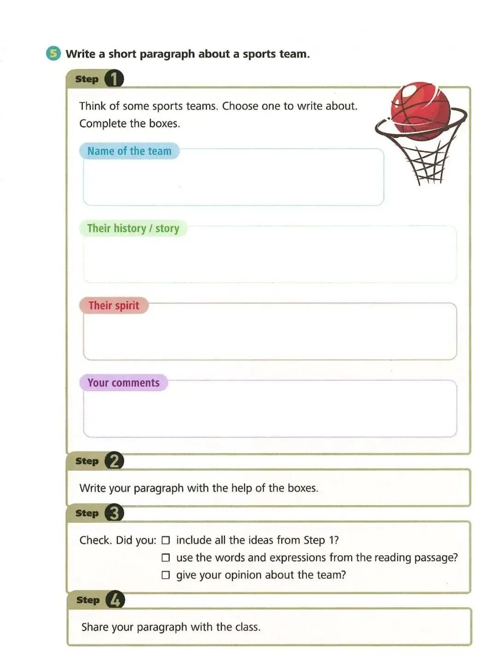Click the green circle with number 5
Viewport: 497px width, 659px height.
[x=53, y=53]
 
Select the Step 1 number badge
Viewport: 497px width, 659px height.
[x=114, y=79]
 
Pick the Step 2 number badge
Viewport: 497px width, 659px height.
[x=114, y=461]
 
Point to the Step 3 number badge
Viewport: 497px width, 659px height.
[x=114, y=513]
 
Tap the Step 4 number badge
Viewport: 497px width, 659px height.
[x=115, y=600]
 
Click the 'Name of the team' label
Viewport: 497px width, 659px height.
[x=129, y=151]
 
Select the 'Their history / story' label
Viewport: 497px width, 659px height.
[x=133, y=228]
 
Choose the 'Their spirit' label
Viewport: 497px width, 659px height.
[x=113, y=305]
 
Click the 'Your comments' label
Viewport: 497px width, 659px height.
[x=123, y=383]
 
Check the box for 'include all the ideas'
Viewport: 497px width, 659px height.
[x=166, y=540]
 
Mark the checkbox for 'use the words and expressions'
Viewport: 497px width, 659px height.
[x=166, y=558]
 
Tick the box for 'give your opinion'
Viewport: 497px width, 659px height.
[x=166, y=575]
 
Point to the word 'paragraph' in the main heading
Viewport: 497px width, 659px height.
[x=167, y=54]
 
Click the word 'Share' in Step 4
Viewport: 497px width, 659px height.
[x=95, y=627]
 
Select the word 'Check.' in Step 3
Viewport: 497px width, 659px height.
[x=95, y=540]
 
